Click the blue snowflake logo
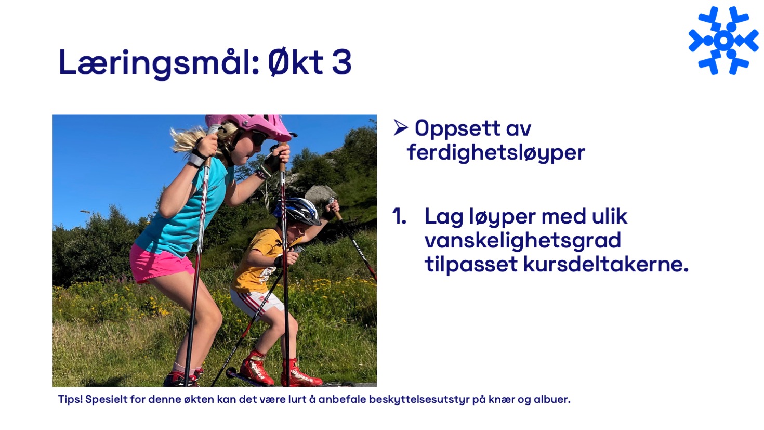point(723,41)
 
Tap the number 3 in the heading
point(341,62)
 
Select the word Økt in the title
point(295,61)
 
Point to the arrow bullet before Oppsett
point(400,127)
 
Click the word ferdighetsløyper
point(496,152)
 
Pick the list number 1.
point(399,216)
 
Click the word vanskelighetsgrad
point(523,241)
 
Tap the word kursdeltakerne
point(606,264)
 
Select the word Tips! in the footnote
point(70,400)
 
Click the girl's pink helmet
point(251,126)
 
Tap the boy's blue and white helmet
point(297,211)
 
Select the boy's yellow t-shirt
point(260,261)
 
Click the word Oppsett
point(457,128)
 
